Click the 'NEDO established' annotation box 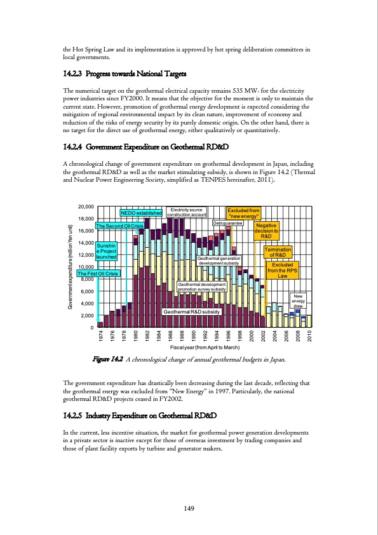click(140, 212)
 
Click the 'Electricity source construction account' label click(187, 212)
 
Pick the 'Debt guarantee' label click(227, 224)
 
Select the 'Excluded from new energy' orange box click(244, 212)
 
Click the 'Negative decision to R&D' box click(267, 231)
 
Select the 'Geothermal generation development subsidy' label click(219, 261)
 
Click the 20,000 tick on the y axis click(86, 207)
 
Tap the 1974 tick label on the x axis click(101, 336)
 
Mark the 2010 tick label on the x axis click(309, 336)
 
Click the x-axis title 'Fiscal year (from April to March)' click(205, 348)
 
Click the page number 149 click(189, 507)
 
